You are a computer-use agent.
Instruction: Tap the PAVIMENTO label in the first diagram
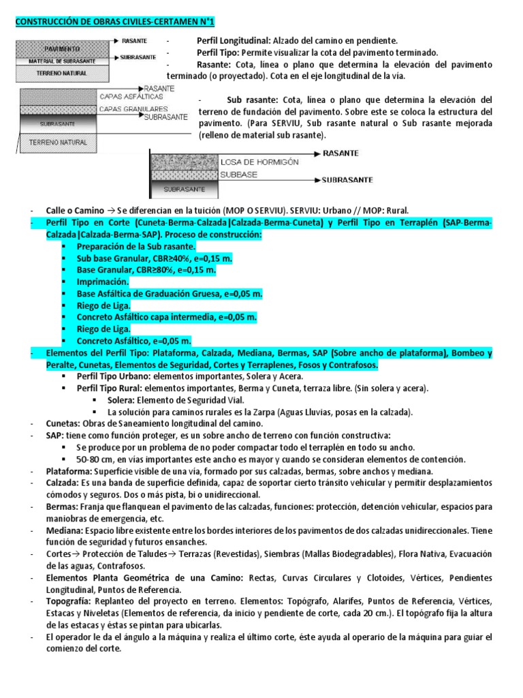[x=63, y=50]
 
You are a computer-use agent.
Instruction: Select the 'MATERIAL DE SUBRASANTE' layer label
[x=63, y=61]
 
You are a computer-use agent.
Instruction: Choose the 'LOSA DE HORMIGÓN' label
[x=259, y=162]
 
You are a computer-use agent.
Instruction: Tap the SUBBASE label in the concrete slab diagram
[x=238, y=174]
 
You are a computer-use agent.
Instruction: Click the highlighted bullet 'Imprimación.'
[x=102, y=281]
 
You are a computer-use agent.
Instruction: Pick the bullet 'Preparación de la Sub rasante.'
[x=136, y=246]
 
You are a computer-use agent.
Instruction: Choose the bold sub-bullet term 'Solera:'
[x=123, y=399]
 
